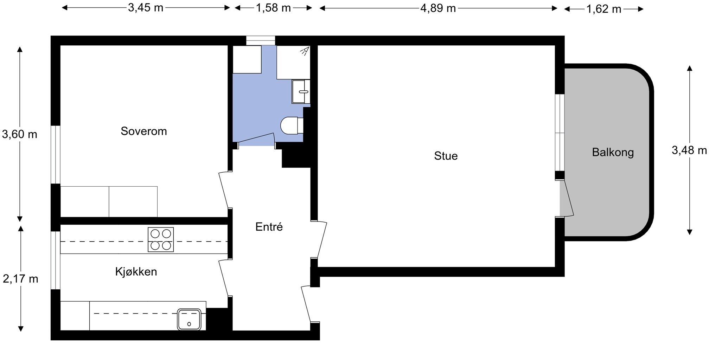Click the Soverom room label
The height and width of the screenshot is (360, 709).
point(143,131)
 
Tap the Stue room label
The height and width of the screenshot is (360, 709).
point(446,156)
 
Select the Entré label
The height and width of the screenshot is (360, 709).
point(269,227)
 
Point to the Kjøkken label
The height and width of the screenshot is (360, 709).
point(136,271)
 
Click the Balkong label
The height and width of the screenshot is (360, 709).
point(613,152)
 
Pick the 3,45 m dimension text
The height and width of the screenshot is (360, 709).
point(146,8)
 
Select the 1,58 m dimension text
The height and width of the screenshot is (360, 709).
point(273,8)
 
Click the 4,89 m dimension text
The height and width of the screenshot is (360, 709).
point(438,8)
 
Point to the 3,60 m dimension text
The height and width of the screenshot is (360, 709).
point(20,134)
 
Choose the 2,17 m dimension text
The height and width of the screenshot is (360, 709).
point(20,279)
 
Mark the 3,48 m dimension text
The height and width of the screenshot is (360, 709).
point(689,150)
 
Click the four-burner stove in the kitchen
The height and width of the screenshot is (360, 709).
point(161,240)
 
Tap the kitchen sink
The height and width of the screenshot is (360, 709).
point(189,320)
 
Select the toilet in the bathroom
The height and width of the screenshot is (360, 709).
point(292,126)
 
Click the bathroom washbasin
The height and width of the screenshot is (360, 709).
point(301,91)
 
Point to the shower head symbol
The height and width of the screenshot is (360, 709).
point(305,51)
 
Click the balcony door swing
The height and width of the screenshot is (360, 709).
point(567,198)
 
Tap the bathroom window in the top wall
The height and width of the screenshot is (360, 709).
point(261,40)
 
